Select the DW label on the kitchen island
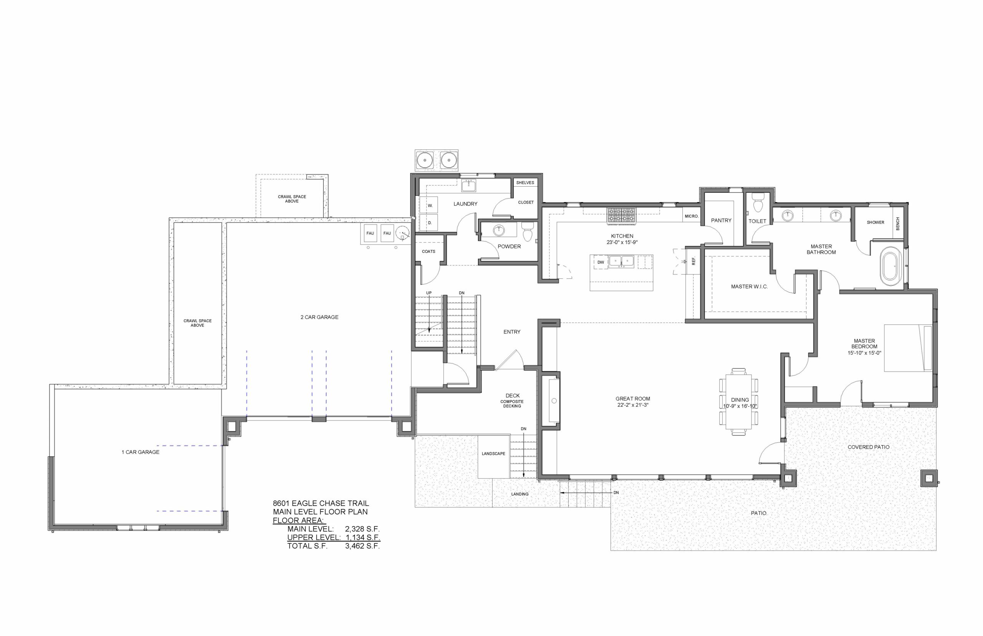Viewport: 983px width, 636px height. tap(600, 262)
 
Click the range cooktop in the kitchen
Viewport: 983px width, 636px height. tap(621, 215)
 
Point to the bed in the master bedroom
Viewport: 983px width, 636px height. tap(907, 348)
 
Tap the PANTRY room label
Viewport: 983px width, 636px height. tap(721, 220)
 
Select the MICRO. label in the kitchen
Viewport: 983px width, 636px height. tap(691, 216)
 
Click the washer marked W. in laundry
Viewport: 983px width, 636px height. tap(429, 205)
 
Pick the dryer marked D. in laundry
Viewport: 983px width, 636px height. tap(429, 223)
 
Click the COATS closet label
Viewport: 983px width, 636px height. tap(428, 251)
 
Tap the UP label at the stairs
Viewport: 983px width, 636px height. tap(429, 293)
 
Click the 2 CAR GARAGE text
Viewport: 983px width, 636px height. tap(319, 317)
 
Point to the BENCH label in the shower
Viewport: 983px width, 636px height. tap(897, 224)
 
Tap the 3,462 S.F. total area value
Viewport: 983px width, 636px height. tap(362, 546)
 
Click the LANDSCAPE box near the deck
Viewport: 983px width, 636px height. tap(493, 454)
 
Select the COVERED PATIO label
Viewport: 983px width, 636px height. tap(868, 447)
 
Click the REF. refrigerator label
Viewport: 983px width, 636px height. tap(693, 261)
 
